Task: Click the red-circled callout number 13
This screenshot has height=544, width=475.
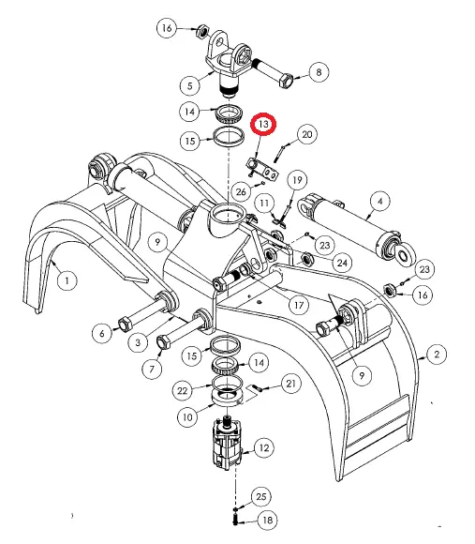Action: point(263,124)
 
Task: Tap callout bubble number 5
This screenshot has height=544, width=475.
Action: point(190,85)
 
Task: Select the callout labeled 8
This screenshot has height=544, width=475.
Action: point(319,72)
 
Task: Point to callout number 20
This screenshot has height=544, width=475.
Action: point(307,134)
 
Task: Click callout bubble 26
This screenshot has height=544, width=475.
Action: point(241,191)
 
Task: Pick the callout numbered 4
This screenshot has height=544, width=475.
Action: point(380,202)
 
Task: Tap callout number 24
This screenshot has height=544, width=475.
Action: point(342,263)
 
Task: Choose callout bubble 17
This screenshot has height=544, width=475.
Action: point(299,306)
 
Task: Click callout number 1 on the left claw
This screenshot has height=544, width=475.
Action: point(67,280)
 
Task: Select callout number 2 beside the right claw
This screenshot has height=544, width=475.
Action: point(437,355)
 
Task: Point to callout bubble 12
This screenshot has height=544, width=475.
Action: point(264,448)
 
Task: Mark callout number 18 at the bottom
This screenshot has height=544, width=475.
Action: point(268,520)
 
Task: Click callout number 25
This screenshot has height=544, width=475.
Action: point(260,497)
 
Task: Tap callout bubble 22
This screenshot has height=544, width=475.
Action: point(183,391)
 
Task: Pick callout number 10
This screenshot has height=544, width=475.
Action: point(187,417)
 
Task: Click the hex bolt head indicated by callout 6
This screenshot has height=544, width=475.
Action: point(125,325)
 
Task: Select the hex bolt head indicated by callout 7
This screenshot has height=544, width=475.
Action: point(164,341)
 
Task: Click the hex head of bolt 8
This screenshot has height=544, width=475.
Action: point(285,81)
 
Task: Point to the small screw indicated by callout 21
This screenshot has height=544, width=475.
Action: point(257,388)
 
